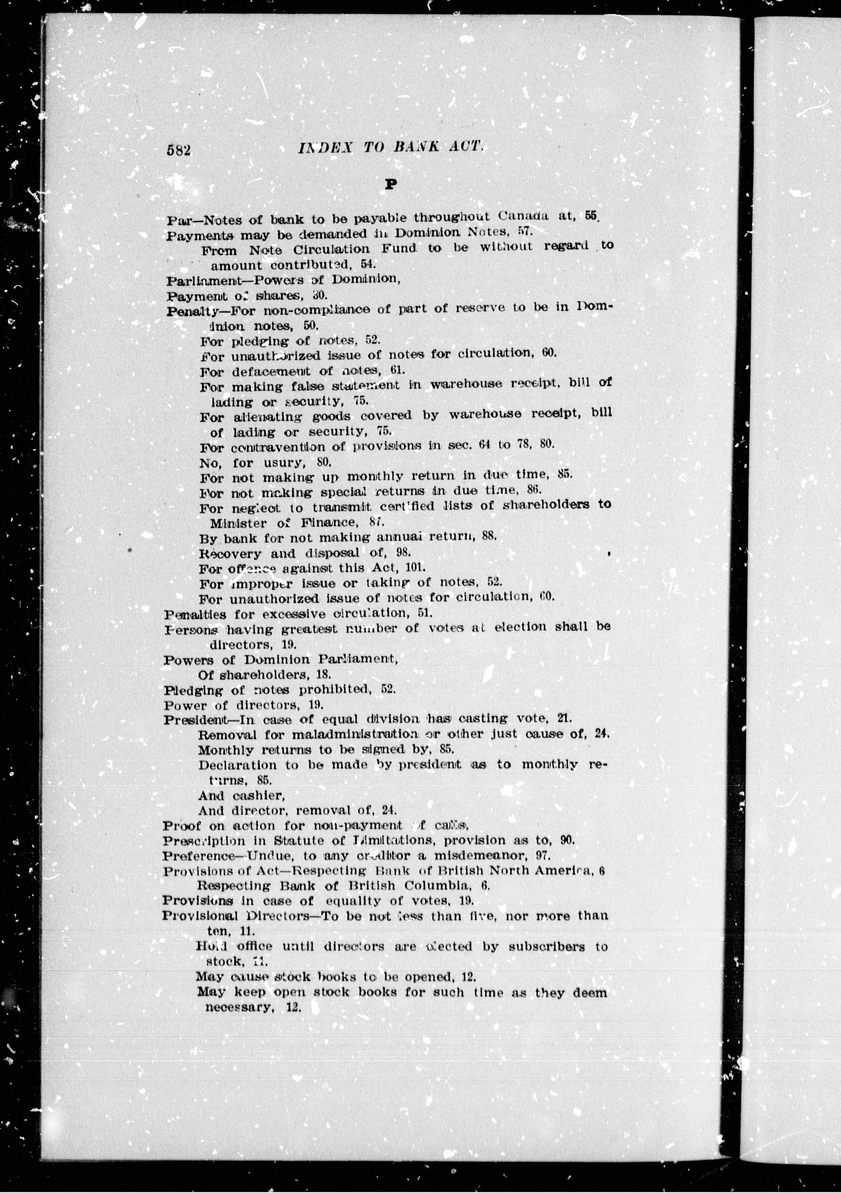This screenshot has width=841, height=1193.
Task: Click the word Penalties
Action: [x=195, y=615]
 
